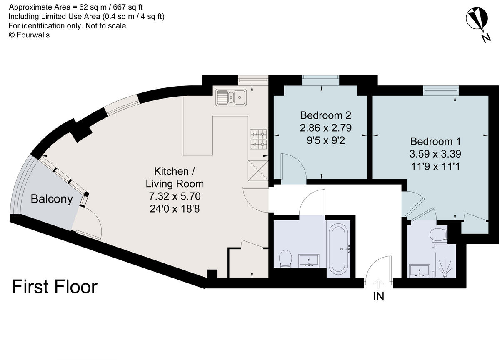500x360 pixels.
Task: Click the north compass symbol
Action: [476, 20]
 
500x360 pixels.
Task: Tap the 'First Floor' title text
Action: [55, 287]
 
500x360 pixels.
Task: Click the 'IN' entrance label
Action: [378, 297]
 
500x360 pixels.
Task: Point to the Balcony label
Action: [52, 199]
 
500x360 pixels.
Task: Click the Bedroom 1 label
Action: [435, 141]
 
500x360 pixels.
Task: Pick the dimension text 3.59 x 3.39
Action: [435, 154]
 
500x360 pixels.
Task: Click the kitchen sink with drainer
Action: [231, 97]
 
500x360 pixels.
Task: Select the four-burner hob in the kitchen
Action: [258, 139]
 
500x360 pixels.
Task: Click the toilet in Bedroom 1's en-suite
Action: [439, 235]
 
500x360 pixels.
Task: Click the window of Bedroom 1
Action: [441, 89]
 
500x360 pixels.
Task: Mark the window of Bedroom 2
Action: [320, 79]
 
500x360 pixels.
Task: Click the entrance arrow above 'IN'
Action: [378, 284]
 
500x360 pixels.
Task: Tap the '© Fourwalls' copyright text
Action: [29, 35]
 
